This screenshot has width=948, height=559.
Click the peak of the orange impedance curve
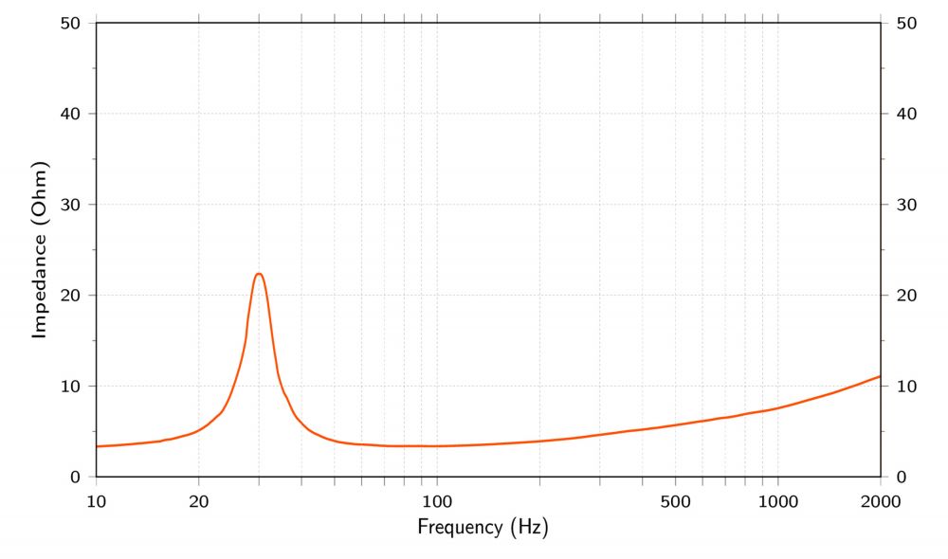click(259, 274)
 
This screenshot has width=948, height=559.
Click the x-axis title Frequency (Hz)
click(483, 526)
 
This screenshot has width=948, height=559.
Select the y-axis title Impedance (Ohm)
click(40, 249)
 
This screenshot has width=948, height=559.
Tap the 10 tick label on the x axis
click(96, 500)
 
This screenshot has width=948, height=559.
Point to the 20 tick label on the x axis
click(199, 500)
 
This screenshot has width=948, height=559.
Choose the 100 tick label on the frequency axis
click(436, 500)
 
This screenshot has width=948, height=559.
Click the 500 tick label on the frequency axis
click(675, 500)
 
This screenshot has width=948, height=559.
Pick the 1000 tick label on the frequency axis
click(777, 500)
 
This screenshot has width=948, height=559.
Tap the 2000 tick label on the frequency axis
click(881, 500)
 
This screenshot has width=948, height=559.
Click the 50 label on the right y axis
click(904, 23)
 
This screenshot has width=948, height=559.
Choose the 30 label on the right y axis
click(904, 205)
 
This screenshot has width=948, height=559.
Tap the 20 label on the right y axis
click(904, 296)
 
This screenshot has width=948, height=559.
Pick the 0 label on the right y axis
click(900, 478)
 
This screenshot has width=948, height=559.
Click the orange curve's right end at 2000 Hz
click(880, 376)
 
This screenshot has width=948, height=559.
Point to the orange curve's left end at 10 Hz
click(98, 446)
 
